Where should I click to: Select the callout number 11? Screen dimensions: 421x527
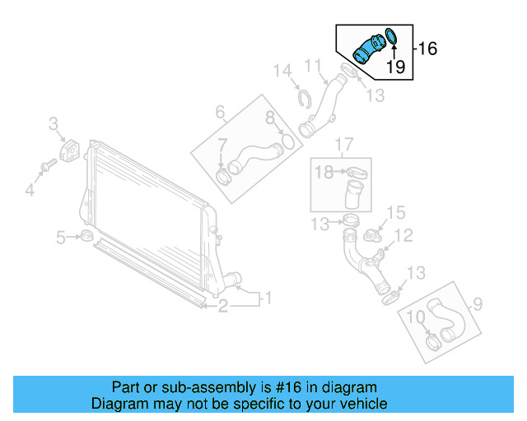pyautogui.click(x=313, y=65)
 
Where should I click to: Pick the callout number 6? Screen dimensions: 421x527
pyautogui.click(x=220, y=111)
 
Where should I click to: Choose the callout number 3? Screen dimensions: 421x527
pyautogui.click(x=54, y=124)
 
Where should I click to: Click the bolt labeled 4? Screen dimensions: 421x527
pyautogui.click(x=47, y=167)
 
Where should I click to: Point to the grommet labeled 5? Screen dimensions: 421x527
pyautogui.click(x=85, y=238)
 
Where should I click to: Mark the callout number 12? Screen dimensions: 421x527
pyautogui.click(x=403, y=236)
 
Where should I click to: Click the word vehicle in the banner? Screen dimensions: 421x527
pyautogui.click(x=359, y=404)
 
